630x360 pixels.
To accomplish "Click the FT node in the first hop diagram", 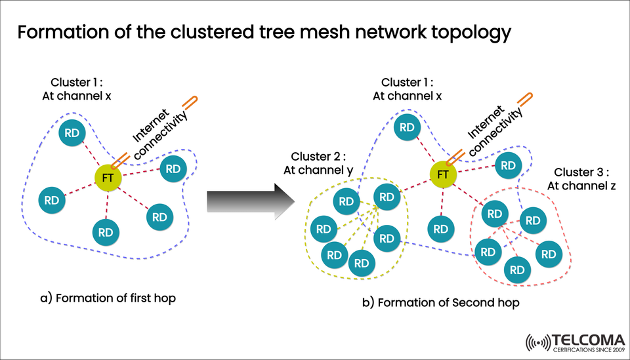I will click(107, 177).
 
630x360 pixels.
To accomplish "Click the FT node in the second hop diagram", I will click(443, 174).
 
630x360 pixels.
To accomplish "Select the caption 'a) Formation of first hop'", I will click(108, 298).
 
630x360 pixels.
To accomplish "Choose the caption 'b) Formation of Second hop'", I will click(441, 303).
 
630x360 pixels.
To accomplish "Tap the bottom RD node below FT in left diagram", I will click(106, 231).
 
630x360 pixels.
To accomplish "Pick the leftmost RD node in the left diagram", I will click(52, 201).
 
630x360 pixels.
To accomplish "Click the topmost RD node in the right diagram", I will click(407, 127).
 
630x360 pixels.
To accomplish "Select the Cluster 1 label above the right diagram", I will click(407, 89).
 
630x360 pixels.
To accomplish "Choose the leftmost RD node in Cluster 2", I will click(324, 229).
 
